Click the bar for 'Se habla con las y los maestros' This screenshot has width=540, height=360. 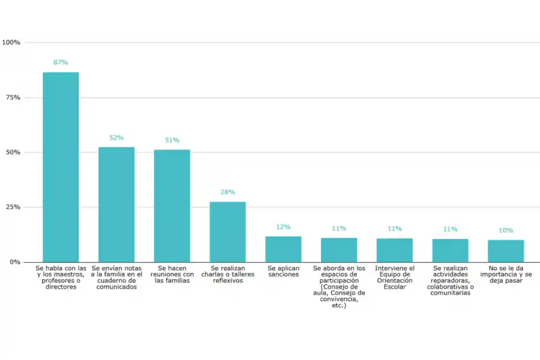coord(61,167)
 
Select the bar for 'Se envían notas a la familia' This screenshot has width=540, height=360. coord(116,205)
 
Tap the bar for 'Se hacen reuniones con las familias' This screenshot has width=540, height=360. coord(172,206)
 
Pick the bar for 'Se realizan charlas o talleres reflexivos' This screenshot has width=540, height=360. coord(227,232)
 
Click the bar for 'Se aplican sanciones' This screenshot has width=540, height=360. coord(283,249)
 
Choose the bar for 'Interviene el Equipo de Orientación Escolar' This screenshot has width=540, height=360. coord(395,250)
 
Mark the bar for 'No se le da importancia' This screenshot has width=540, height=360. coord(506,251)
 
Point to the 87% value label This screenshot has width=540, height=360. coord(61,62)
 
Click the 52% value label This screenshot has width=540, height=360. coord(116,137)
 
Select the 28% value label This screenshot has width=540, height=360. coord(227,192)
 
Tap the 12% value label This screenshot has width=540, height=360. coord(283,227)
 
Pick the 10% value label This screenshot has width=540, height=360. coord(506,230)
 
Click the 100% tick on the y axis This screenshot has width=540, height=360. coord(11,43)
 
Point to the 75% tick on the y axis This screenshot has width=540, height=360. coord(13,97)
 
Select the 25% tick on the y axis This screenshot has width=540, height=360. coord(13,207)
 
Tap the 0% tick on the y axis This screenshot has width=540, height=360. coord(15,262)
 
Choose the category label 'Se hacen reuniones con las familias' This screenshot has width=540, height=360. coord(172,274)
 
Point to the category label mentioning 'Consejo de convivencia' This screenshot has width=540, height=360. coord(339,287)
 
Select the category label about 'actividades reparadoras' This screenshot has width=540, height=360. coord(451,280)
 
